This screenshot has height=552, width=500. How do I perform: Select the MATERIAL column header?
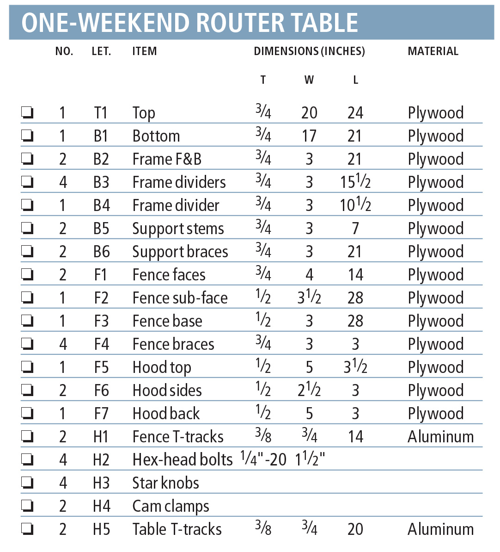(433, 51)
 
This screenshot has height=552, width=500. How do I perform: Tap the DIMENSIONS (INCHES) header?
(309, 51)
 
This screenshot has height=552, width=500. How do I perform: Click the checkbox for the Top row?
(27, 112)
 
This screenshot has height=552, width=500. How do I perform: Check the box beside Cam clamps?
(27, 506)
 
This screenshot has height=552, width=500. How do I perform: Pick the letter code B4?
(101, 205)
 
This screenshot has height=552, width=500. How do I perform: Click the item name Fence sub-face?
(180, 298)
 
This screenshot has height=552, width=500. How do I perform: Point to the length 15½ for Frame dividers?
(355, 182)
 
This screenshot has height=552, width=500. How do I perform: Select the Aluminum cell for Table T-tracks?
(440, 529)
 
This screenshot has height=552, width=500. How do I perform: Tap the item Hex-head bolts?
(183, 459)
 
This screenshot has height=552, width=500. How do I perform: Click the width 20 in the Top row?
(309, 112)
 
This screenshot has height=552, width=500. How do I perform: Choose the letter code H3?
(101, 483)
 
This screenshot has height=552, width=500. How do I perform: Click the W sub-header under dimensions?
(309, 80)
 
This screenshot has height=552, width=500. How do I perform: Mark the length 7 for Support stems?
(355, 228)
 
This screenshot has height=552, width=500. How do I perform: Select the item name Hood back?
(166, 413)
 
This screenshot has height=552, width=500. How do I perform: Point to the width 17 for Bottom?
(309, 136)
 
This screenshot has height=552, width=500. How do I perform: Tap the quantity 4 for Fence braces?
(63, 344)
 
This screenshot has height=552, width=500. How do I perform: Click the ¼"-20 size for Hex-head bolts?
(263, 459)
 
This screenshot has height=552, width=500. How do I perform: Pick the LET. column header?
(101, 51)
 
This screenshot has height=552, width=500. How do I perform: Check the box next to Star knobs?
(27, 483)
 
